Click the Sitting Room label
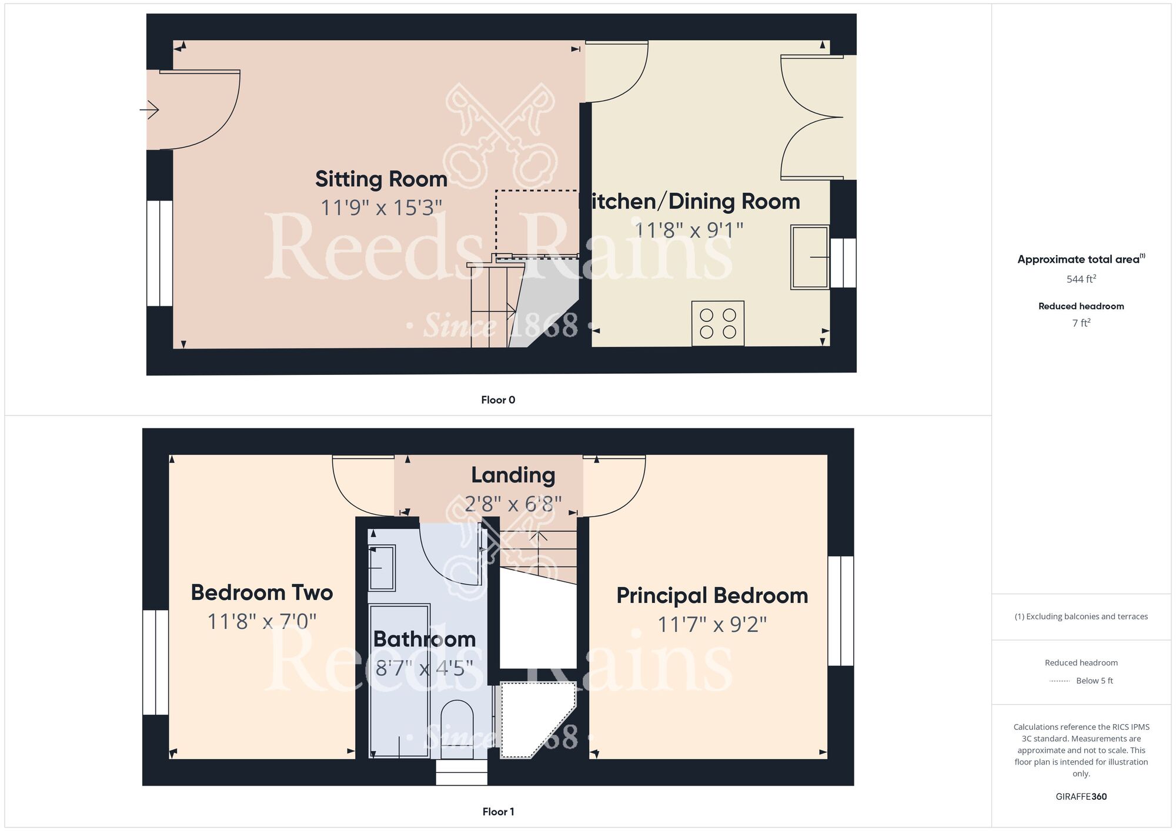click(x=381, y=179)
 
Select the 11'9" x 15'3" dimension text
click(x=381, y=208)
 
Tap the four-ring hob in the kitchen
click(x=718, y=323)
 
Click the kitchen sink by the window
click(x=810, y=257)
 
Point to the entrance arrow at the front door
click(x=149, y=109)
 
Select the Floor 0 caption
click(x=498, y=400)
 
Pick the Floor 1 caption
click(x=498, y=812)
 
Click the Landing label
click(x=513, y=475)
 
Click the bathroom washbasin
click(x=382, y=568)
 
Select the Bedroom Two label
click(x=262, y=592)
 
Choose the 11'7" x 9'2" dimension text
click(x=711, y=625)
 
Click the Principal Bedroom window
click(x=841, y=611)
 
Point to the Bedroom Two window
click(x=156, y=662)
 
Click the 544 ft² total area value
click(x=1081, y=279)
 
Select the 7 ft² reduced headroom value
click(x=1081, y=323)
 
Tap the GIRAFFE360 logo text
click(x=1081, y=797)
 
